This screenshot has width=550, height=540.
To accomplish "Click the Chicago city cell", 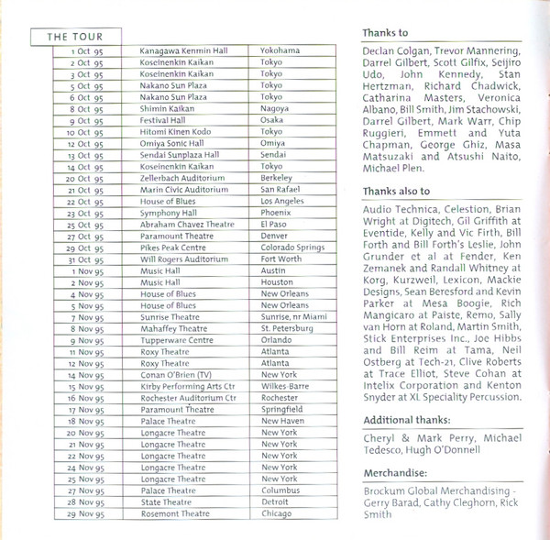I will coord(276,514).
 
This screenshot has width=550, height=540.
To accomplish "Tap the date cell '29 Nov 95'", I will coord(85,514).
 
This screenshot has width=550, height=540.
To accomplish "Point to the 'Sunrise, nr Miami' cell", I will coord(293,316).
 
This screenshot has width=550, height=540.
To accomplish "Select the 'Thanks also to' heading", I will coord(396,190).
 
